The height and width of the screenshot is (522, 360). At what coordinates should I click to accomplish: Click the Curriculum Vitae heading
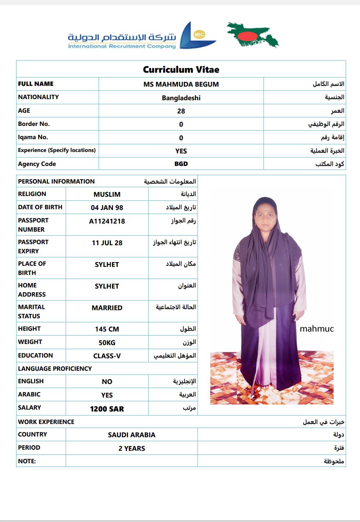click(x=181, y=69)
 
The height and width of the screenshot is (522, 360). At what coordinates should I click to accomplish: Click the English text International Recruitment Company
click(x=122, y=46)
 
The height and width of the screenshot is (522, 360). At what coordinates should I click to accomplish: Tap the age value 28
click(x=181, y=111)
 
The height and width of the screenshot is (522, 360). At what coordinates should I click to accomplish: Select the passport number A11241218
click(x=107, y=221)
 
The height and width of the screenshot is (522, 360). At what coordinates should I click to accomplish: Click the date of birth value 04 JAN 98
click(x=107, y=207)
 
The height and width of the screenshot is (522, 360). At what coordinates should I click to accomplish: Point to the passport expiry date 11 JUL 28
click(x=107, y=243)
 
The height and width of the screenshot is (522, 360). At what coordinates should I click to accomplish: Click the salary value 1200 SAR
click(x=107, y=409)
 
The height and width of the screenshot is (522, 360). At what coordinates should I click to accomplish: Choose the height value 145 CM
click(x=107, y=329)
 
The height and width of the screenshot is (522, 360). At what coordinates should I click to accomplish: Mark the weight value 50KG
click(x=107, y=342)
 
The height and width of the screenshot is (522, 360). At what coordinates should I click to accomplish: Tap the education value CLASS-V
click(x=107, y=356)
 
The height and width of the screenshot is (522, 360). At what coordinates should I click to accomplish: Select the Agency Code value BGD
click(x=181, y=164)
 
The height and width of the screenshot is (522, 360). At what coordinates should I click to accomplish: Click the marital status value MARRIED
click(x=107, y=308)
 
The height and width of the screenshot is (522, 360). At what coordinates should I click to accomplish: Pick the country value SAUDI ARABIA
click(x=131, y=435)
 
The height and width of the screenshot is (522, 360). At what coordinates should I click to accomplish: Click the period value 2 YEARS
click(x=131, y=448)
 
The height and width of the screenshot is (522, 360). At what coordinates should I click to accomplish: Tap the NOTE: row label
click(x=27, y=461)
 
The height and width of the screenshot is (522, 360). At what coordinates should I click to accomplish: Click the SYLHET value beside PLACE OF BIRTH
click(x=107, y=264)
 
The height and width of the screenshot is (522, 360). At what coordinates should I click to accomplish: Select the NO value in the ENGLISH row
click(x=107, y=381)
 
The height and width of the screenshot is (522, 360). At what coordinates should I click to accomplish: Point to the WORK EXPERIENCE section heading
click(x=46, y=422)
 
